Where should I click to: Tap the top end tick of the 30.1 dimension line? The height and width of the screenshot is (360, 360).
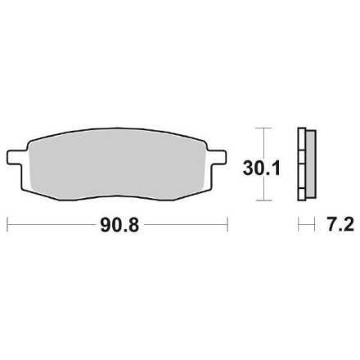coord(262,128)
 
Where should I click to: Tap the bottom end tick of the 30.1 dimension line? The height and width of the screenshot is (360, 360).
coord(262,200)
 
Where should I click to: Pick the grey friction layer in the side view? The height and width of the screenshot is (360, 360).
coord(311,164)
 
